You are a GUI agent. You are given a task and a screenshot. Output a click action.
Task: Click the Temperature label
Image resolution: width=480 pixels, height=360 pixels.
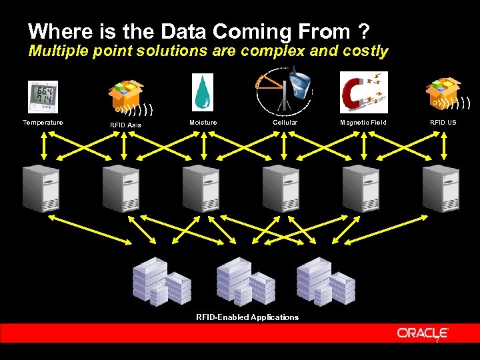click(x=43, y=123)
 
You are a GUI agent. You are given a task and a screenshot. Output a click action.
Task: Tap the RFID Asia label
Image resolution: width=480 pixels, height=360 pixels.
click(x=126, y=125)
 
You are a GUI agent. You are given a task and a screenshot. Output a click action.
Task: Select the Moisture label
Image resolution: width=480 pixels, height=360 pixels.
click(x=203, y=123)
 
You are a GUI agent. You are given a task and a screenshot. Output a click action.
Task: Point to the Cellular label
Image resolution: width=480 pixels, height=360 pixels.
click(x=285, y=123)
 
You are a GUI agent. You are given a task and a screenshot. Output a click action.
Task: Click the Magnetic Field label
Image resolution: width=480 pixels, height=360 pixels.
click(x=363, y=123)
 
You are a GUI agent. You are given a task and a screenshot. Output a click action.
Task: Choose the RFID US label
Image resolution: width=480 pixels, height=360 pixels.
click(x=443, y=123)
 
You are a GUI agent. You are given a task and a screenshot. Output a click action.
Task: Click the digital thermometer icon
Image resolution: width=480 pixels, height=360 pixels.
click(x=43, y=97)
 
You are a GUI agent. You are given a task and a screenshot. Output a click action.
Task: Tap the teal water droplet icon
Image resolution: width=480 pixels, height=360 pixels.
click(x=203, y=92)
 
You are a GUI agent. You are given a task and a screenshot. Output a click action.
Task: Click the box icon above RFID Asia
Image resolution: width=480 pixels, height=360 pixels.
click(x=127, y=93)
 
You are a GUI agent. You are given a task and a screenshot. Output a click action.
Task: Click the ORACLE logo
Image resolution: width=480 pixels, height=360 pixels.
click(x=423, y=333)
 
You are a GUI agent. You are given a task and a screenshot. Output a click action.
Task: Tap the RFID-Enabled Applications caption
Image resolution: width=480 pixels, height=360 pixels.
click(x=247, y=317)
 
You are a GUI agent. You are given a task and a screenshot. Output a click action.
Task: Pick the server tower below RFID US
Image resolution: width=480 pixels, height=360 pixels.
click(x=441, y=188)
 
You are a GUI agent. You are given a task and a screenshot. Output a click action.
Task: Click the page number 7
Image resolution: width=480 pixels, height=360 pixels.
click(x=437, y=341)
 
